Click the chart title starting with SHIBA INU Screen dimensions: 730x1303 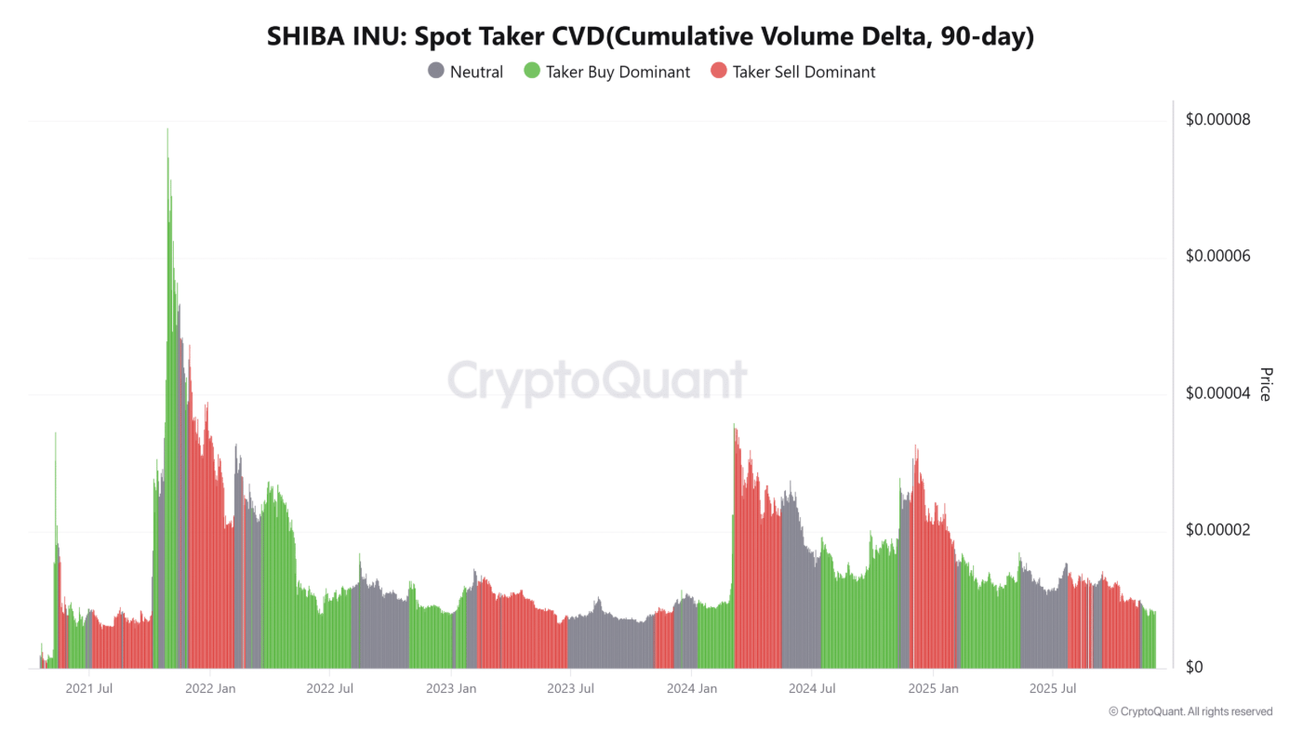[650, 36]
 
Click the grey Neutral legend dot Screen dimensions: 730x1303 [436, 72]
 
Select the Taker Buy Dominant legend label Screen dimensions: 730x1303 [618, 72]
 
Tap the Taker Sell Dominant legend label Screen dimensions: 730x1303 [804, 72]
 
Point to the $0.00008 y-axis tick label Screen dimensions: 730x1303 [1217, 120]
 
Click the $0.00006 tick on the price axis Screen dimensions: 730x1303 [1217, 257]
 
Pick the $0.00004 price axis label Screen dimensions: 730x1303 [1217, 393]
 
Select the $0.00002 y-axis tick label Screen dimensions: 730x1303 [1217, 530]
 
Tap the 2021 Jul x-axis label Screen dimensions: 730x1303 [91, 689]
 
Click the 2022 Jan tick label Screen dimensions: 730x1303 [211, 689]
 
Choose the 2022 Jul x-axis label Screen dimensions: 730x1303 [331, 689]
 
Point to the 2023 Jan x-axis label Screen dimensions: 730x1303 [451, 689]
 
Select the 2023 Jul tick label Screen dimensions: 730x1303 [571, 689]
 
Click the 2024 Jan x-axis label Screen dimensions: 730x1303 [692, 689]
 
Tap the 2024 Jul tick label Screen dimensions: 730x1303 [812, 689]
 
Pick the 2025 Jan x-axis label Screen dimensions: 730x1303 [933, 689]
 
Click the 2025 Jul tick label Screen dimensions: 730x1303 [1053, 689]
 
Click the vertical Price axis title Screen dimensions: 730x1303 [1265, 384]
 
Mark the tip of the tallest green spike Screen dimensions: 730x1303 [167, 129]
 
